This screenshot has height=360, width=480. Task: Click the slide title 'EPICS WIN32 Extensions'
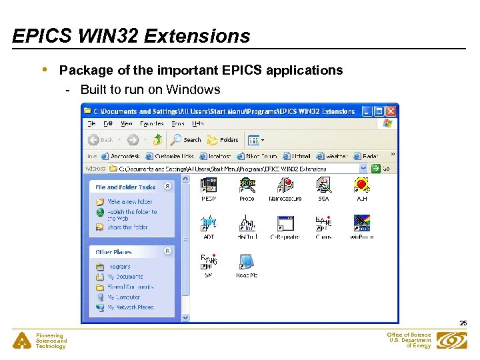131,35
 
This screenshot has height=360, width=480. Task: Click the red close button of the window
391,111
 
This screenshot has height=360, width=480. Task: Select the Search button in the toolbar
186,140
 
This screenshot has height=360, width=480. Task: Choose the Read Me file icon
246,262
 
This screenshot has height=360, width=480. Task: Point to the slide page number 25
463,323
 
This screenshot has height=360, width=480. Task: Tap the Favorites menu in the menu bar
151,124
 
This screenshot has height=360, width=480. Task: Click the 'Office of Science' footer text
409,335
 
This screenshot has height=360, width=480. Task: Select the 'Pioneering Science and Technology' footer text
51,341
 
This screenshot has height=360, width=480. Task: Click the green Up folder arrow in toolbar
157,140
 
